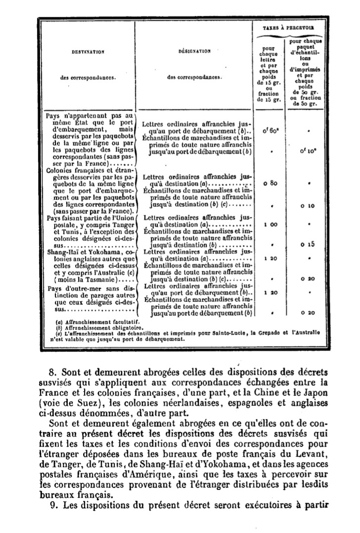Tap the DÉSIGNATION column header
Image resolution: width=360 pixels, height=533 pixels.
[x=194, y=51]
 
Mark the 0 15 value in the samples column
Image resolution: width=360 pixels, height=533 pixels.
[x=309, y=244]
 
